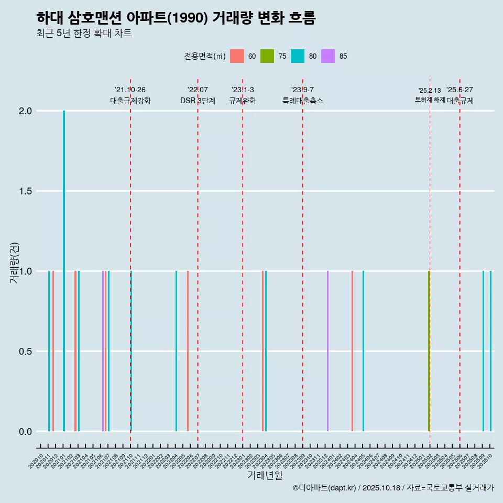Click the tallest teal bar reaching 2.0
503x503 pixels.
pos(64,270)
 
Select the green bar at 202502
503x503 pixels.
pos(429,351)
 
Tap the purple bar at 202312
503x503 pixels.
pos(327,351)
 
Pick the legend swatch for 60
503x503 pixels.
pos(237,56)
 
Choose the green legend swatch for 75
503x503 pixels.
pos(267,56)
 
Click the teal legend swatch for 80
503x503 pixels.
pos(298,56)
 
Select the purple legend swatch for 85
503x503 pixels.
pos(328,56)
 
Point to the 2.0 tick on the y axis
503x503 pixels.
pos(26,111)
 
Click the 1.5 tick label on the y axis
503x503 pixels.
pos(26,191)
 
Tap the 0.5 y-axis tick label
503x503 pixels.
pos(26,352)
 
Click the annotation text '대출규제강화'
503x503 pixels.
pos(130,101)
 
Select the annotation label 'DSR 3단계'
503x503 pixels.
pos(198,101)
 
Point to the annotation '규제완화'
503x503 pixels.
pos(243,101)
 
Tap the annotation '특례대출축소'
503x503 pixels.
pos(303,101)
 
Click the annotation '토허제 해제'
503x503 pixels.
pos(430,100)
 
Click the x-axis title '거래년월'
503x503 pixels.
pos(265,475)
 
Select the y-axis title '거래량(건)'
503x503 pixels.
pos(15,262)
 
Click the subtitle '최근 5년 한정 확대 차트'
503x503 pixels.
pos(84,33)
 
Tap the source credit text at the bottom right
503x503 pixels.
pos(393,488)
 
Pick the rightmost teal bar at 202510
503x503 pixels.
pos(490,351)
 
